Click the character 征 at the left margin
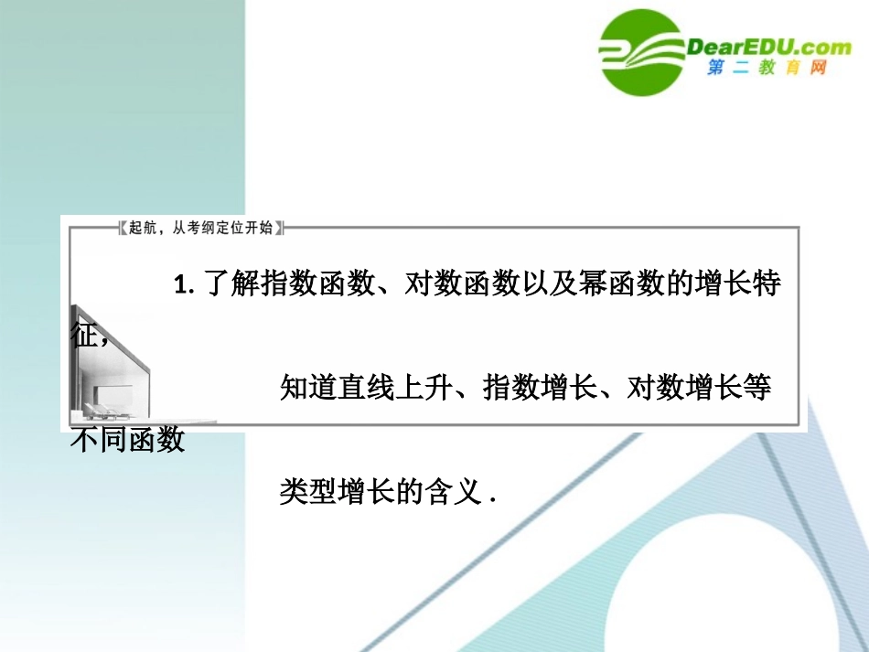(x=83, y=335)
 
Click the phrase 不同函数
(x=128, y=440)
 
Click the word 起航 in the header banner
(x=142, y=228)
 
